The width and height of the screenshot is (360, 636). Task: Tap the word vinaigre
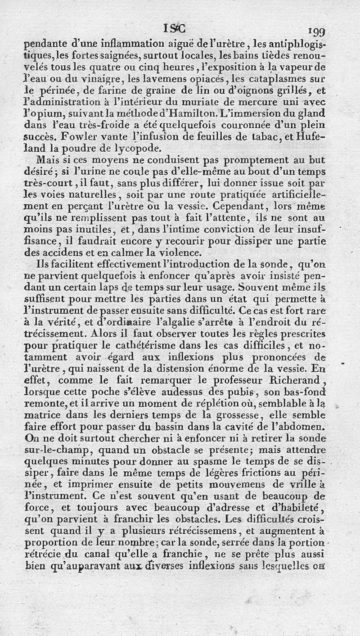tap(101, 80)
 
